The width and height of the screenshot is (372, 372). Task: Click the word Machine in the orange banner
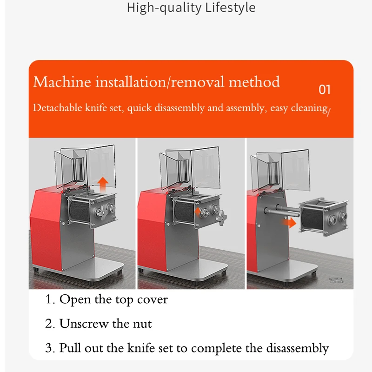coord(62,82)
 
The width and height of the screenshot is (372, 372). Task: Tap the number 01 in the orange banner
coord(324,89)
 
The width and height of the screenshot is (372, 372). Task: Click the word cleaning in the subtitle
coord(309,108)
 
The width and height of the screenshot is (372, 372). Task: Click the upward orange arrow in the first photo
coord(103,181)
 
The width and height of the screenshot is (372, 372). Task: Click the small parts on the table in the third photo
coord(334,279)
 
